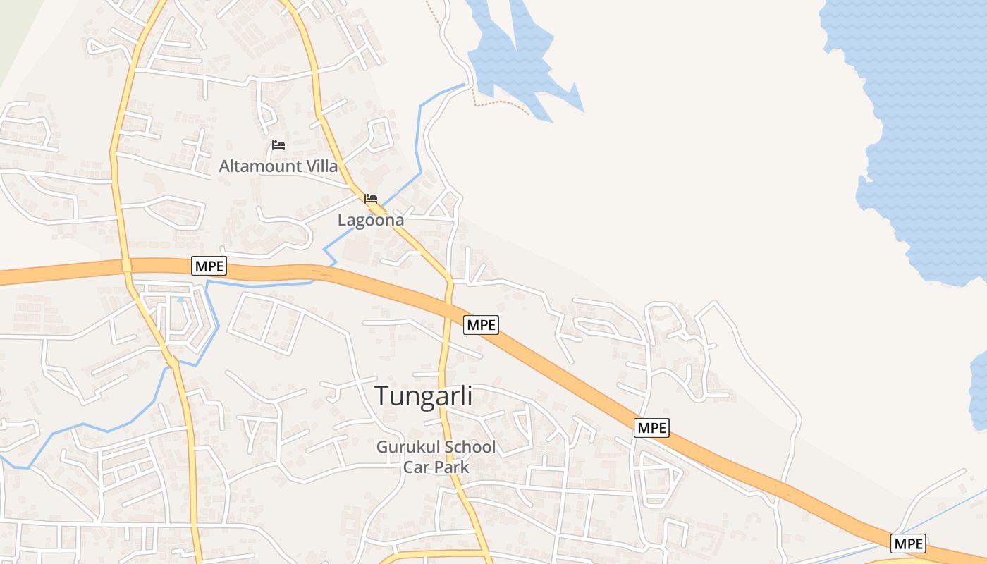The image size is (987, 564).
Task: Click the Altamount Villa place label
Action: [x=278, y=166]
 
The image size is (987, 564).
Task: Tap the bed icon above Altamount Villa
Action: [x=278, y=146]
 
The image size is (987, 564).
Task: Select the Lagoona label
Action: [x=371, y=220]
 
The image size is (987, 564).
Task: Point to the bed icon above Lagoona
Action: [x=371, y=199]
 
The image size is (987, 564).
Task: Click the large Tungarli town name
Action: [x=423, y=396]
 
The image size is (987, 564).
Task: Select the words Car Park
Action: [x=436, y=467]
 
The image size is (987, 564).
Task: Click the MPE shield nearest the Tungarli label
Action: [x=482, y=325]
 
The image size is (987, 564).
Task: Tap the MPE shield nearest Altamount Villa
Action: [x=209, y=266]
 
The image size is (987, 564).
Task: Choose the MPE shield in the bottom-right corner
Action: [x=908, y=544]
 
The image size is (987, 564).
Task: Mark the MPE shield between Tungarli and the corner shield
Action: [x=651, y=427]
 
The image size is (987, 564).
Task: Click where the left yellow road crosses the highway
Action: [x=127, y=266]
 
